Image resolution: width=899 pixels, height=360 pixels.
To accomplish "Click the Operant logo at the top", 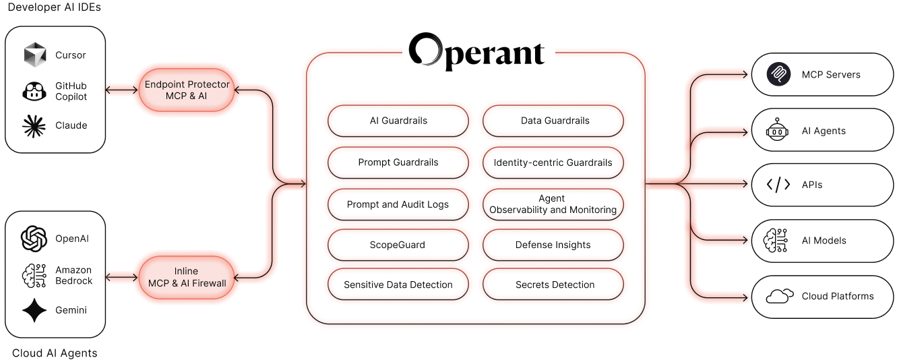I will tap(478, 51).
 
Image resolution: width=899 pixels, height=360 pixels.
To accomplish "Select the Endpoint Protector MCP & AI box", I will tap(187, 90).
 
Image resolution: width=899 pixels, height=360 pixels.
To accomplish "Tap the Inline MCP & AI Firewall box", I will tap(187, 277).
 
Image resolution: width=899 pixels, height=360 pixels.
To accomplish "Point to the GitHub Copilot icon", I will tap(33, 92).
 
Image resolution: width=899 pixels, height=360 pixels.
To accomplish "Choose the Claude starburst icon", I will tap(33, 125).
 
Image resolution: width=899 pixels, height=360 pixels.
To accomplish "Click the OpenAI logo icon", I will tap(33, 239).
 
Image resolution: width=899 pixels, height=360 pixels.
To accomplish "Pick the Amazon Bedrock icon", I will tap(33, 275).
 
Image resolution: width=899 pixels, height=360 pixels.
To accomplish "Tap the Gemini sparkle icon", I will tap(33, 309).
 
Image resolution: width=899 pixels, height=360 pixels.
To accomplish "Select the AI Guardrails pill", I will tap(398, 121).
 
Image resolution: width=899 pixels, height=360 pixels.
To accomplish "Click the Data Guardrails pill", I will tap(555, 121).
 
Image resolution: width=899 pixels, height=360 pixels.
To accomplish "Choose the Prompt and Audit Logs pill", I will tap(398, 204).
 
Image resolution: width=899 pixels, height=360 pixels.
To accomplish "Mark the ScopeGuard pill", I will tap(398, 245).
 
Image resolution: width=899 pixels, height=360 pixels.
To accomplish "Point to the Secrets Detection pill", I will tap(555, 284).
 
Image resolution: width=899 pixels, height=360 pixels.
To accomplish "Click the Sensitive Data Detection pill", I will tap(398, 284).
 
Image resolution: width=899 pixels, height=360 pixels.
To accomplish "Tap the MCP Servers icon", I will tap(778, 74).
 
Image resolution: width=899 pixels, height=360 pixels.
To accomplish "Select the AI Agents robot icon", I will tap(778, 131).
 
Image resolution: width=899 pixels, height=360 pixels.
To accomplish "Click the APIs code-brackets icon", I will tap(778, 184).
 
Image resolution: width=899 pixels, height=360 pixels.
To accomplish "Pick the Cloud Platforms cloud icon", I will tap(778, 296).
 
